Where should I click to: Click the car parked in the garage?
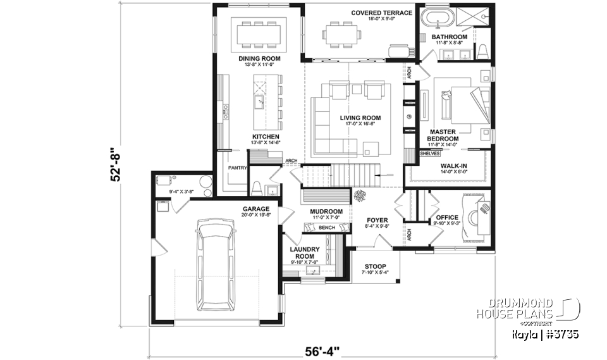[215, 265]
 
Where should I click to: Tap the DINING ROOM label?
[259, 59]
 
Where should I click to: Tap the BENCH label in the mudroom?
[327, 228]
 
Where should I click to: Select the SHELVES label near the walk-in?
[430, 154]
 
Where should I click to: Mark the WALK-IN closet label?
[453, 166]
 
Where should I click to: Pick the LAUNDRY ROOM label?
[305, 253]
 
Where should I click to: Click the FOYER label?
[378, 221]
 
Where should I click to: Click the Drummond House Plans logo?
[544, 309]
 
